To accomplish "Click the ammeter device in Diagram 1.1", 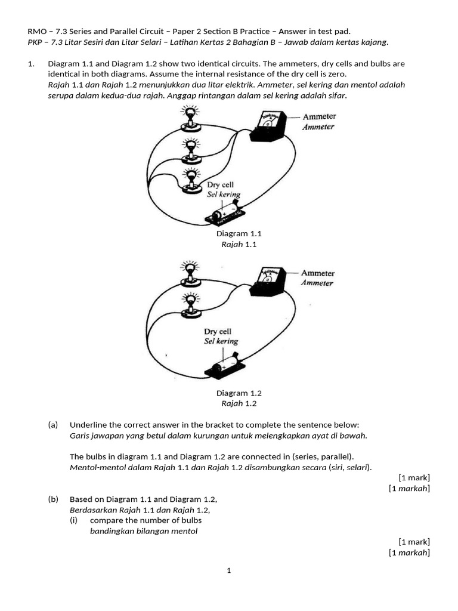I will click(x=272, y=126).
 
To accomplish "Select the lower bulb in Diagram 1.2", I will click(x=190, y=302).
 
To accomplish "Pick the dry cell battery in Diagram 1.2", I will click(x=224, y=365).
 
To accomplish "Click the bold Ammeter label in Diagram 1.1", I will click(x=318, y=117).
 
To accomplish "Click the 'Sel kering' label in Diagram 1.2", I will click(x=221, y=341).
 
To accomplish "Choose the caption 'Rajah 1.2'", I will click(x=239, y=403).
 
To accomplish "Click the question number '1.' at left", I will click(x=32, y=63).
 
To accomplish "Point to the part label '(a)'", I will click(x=53, y=425).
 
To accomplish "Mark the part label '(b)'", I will click(x=53, y=499).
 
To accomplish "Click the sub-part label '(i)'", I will click(x=74, y=520).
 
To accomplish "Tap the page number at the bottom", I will click(x=228, y=571).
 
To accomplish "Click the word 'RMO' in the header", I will click(x=37, y=31).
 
